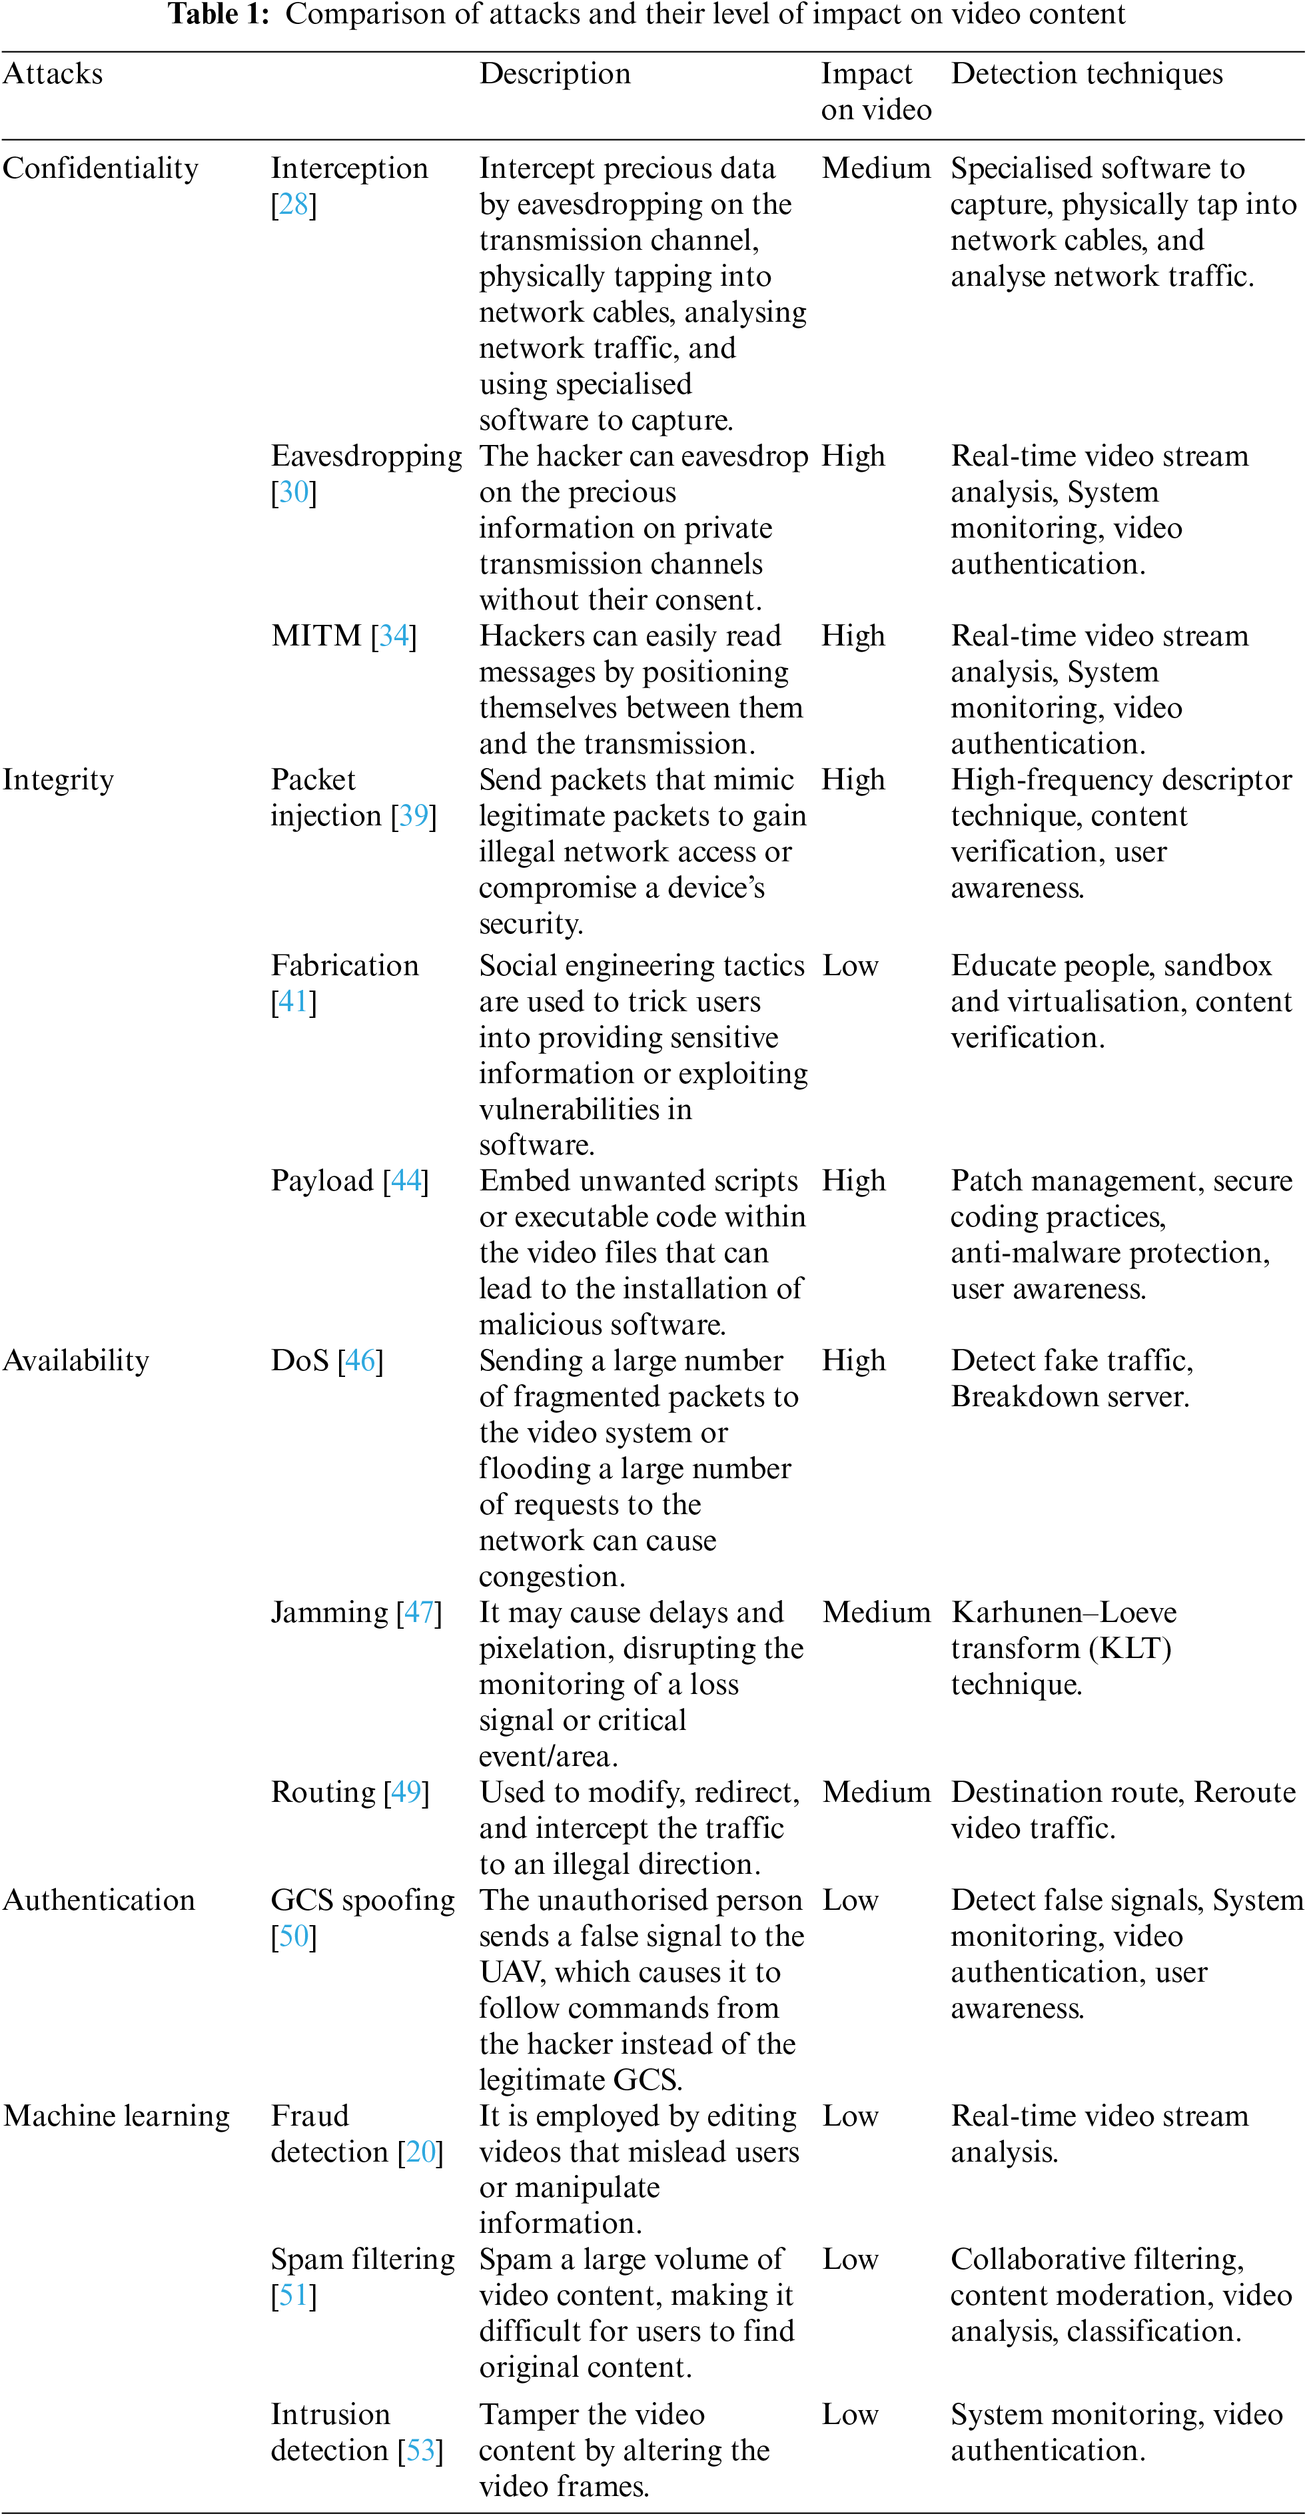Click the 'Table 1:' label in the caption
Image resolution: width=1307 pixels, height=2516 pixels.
click(x=218, y=15)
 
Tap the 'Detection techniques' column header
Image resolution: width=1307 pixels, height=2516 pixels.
click(x=1087, y=74)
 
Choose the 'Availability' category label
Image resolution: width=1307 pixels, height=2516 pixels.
click(x=76, y=1360)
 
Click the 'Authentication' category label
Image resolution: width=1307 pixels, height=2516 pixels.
click(x=99, y=1900)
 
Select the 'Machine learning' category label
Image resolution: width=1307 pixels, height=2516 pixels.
click(x=116, y=2116)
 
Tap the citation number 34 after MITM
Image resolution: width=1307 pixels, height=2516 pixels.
click(x=394, y=637)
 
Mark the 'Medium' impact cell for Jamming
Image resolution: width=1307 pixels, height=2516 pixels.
click(x=876, y=1613)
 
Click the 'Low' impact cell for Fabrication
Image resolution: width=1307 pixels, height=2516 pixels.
click(x=850, y=966)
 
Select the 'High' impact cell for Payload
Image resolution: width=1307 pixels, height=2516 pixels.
click(x=853, y=1182)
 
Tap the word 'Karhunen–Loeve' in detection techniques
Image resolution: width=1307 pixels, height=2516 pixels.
click(x=1063, y=1613)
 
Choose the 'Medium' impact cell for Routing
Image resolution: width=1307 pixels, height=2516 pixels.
click(x=876, y=1793)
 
